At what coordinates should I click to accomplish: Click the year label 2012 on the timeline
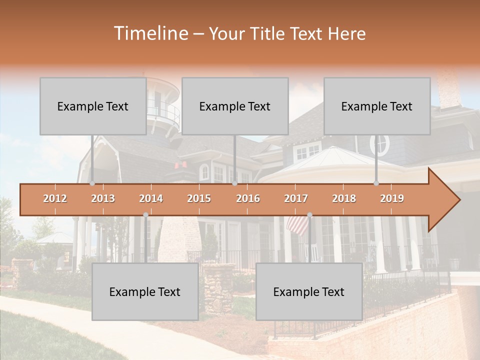coord(55,198)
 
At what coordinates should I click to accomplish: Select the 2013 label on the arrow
coord(103,198)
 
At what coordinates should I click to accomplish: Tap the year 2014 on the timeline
coord(151,198)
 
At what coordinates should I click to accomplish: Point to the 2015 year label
coord(199,198)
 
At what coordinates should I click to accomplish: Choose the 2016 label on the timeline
coord(248,198)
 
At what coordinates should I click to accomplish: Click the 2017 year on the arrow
coord(296,198)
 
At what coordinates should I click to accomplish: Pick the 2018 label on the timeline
coord(344,198)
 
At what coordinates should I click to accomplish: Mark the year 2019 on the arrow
coord(392,198)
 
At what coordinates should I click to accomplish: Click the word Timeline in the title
coord(149,33)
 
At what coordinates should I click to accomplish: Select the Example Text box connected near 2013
coord(93,106)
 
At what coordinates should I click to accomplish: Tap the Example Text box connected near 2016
coord(235,106)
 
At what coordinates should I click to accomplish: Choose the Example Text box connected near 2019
coord(377,106)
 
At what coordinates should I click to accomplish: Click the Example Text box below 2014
coord(145,291)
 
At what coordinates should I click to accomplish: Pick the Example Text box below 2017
coord(309,291)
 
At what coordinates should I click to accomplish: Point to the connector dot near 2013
coord(92,183)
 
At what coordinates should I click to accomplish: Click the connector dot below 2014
coord(145,215)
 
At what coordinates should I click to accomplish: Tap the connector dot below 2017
coord(309,215)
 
